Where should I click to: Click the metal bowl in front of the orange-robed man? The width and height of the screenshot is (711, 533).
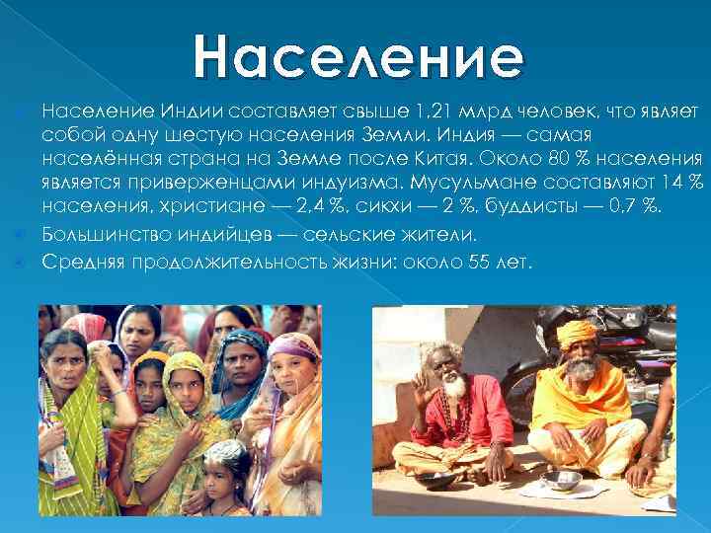[563, 481]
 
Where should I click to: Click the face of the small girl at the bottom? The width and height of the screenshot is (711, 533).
[226, 475]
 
